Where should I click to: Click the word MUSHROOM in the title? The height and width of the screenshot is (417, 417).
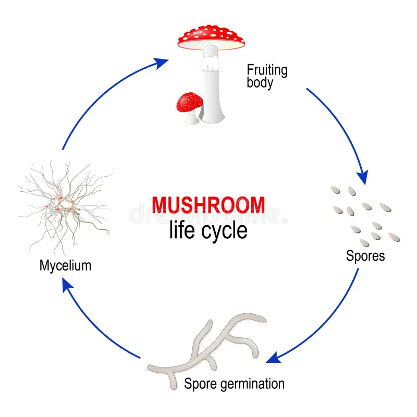coord(208,204)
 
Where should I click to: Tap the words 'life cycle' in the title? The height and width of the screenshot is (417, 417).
coord(208,230)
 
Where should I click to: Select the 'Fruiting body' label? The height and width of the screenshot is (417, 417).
coord(267,76)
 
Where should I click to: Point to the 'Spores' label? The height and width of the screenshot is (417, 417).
coord(365,256)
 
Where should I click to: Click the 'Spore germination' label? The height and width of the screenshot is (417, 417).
coord(234,384)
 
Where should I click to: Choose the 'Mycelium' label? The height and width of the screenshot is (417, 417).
coord(65,265)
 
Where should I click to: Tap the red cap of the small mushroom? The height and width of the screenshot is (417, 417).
coord(190,101)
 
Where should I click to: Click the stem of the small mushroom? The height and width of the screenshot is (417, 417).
coord(192,118)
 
